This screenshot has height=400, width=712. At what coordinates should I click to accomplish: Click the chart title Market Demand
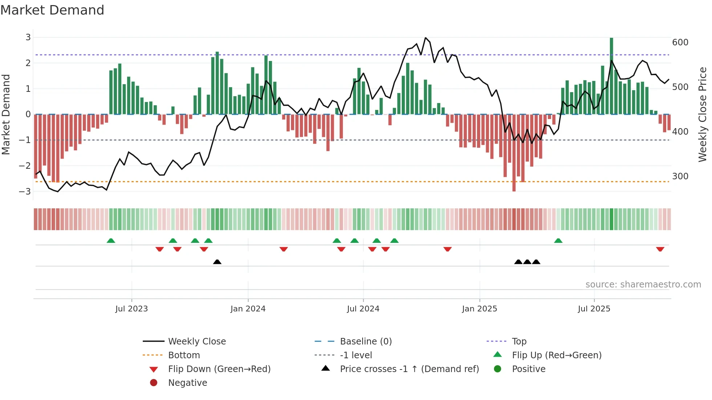(52, 10)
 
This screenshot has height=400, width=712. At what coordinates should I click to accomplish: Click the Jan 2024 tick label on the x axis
(248, 309)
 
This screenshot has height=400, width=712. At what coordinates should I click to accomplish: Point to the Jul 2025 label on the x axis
(594, 309)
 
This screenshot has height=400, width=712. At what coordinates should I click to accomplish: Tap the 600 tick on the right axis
(680, 42)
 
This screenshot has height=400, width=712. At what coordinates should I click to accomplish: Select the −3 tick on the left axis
(25, 191)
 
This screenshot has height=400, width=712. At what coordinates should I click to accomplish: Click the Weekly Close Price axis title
(703, 114)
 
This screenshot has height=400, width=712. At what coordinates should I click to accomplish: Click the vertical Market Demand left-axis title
(6, 114)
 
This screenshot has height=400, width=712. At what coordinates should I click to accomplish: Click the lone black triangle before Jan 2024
(217, 262)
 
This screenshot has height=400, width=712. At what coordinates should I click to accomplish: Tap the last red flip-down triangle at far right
(660, 249)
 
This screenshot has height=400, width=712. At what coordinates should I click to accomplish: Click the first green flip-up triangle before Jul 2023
(111, 241)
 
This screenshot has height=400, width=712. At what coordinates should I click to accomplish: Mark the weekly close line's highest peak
(425, 38)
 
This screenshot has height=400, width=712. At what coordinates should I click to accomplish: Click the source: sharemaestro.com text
(643, 285)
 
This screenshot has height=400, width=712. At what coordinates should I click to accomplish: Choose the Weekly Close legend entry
(197, 341)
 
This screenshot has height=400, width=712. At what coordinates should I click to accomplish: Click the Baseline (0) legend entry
(365, 341)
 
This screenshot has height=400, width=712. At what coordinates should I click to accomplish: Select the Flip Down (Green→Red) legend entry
(219, 369)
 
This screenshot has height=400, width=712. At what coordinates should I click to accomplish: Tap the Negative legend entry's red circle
(154, 383)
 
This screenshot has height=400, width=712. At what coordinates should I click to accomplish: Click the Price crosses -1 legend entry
(409, 369)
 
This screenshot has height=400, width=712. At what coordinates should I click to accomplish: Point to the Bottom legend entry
(184, 355)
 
